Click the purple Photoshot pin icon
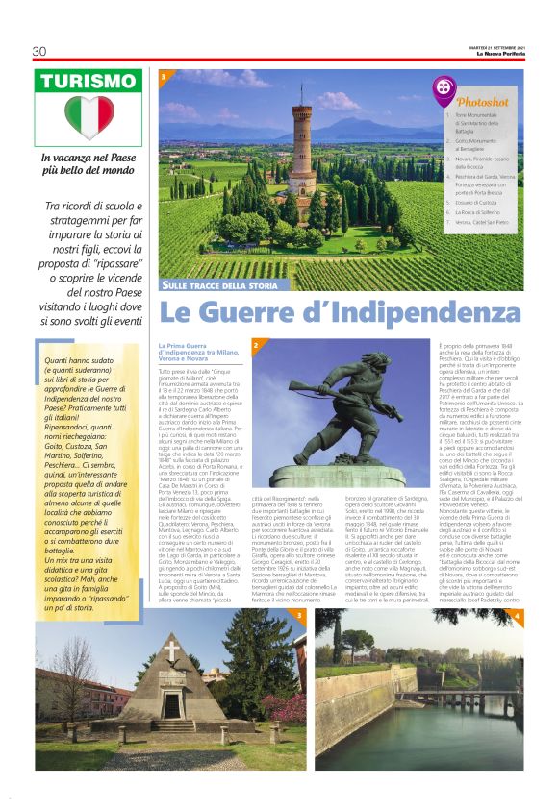tap(444, 89)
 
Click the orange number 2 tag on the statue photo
tap(256, 344)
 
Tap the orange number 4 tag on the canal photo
tap(517, 614)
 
